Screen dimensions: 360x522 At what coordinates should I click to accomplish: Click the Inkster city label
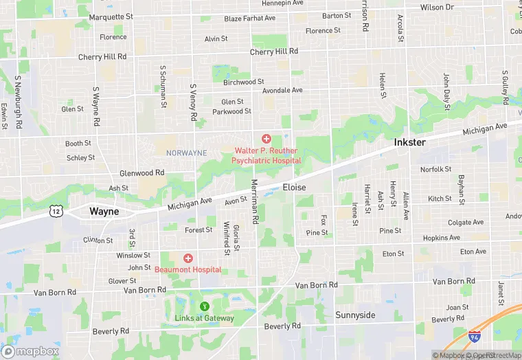point(410,142)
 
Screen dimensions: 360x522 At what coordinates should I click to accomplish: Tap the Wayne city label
point(104,212)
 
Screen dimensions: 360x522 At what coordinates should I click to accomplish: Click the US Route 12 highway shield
point(56,212)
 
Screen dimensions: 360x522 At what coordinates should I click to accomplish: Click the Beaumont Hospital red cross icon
point(188,258)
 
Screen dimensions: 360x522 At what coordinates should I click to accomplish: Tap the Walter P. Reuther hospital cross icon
point(266,139)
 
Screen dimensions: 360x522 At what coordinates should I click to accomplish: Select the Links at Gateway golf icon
point(203,306)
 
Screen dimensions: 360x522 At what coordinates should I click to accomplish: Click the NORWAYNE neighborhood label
point(186,153)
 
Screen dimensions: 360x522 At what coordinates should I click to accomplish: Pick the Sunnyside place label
point(355,315)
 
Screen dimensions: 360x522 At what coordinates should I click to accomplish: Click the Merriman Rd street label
point(254,201)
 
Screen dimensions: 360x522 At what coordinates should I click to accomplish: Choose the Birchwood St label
point(244,82)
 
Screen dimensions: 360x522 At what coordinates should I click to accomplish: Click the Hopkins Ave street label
point(442,238)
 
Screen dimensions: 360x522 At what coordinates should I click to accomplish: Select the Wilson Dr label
point(437,8)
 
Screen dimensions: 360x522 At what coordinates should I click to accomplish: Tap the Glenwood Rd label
point(137,173)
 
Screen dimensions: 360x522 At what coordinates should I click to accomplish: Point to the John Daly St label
point(446,91)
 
